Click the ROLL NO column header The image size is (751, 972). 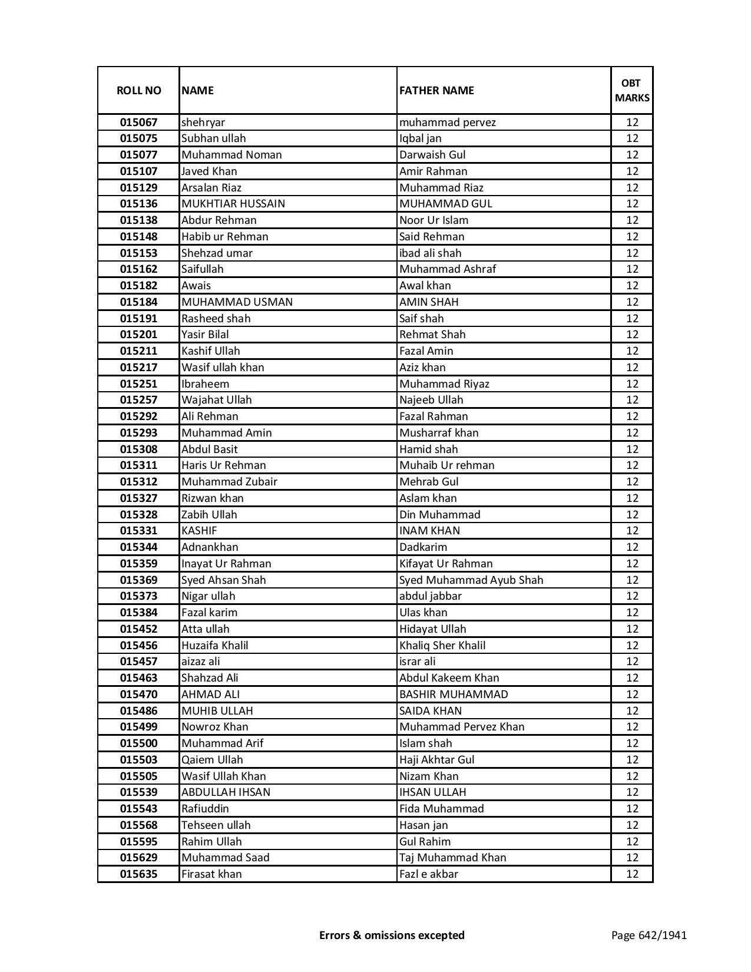coord(138,90)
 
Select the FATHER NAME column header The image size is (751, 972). coord(436,90)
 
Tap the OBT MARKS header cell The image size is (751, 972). coord(632,90)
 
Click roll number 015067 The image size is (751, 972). coord(138,123)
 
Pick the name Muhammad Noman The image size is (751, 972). coord(231,155)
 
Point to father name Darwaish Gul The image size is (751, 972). coord(432,155)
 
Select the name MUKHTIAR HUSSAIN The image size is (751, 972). coord(233,204)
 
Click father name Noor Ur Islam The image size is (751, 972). coord(434,220)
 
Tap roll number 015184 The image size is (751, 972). coord(138,302)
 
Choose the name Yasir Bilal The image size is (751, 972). coord(205,335)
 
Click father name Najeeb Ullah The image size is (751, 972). coord(431,400)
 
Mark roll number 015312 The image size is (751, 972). coord(138,482)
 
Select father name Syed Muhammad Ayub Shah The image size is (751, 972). coord(471,580)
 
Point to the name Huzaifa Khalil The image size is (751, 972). coord(215,646)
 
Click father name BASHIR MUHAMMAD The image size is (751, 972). coord(454,695)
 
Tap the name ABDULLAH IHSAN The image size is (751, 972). coord(226,792)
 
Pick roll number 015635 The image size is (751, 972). coord(138,874)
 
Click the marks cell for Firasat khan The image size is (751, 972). coord(632,874)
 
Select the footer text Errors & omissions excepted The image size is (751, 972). coord(392,935)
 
